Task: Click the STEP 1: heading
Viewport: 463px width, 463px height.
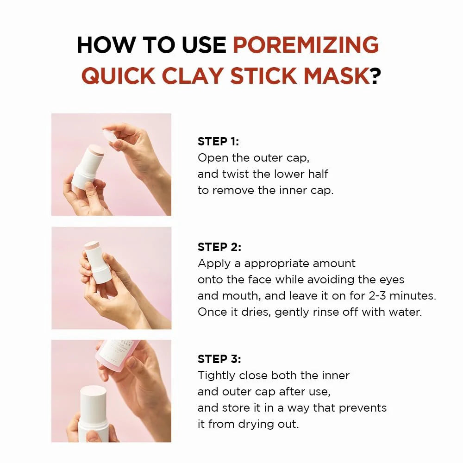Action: [218, 142]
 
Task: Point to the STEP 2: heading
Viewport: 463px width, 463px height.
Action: [219, 247]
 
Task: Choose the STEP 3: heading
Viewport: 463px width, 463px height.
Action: [219, 359]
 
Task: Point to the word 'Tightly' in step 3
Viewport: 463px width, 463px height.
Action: [216, 375]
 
